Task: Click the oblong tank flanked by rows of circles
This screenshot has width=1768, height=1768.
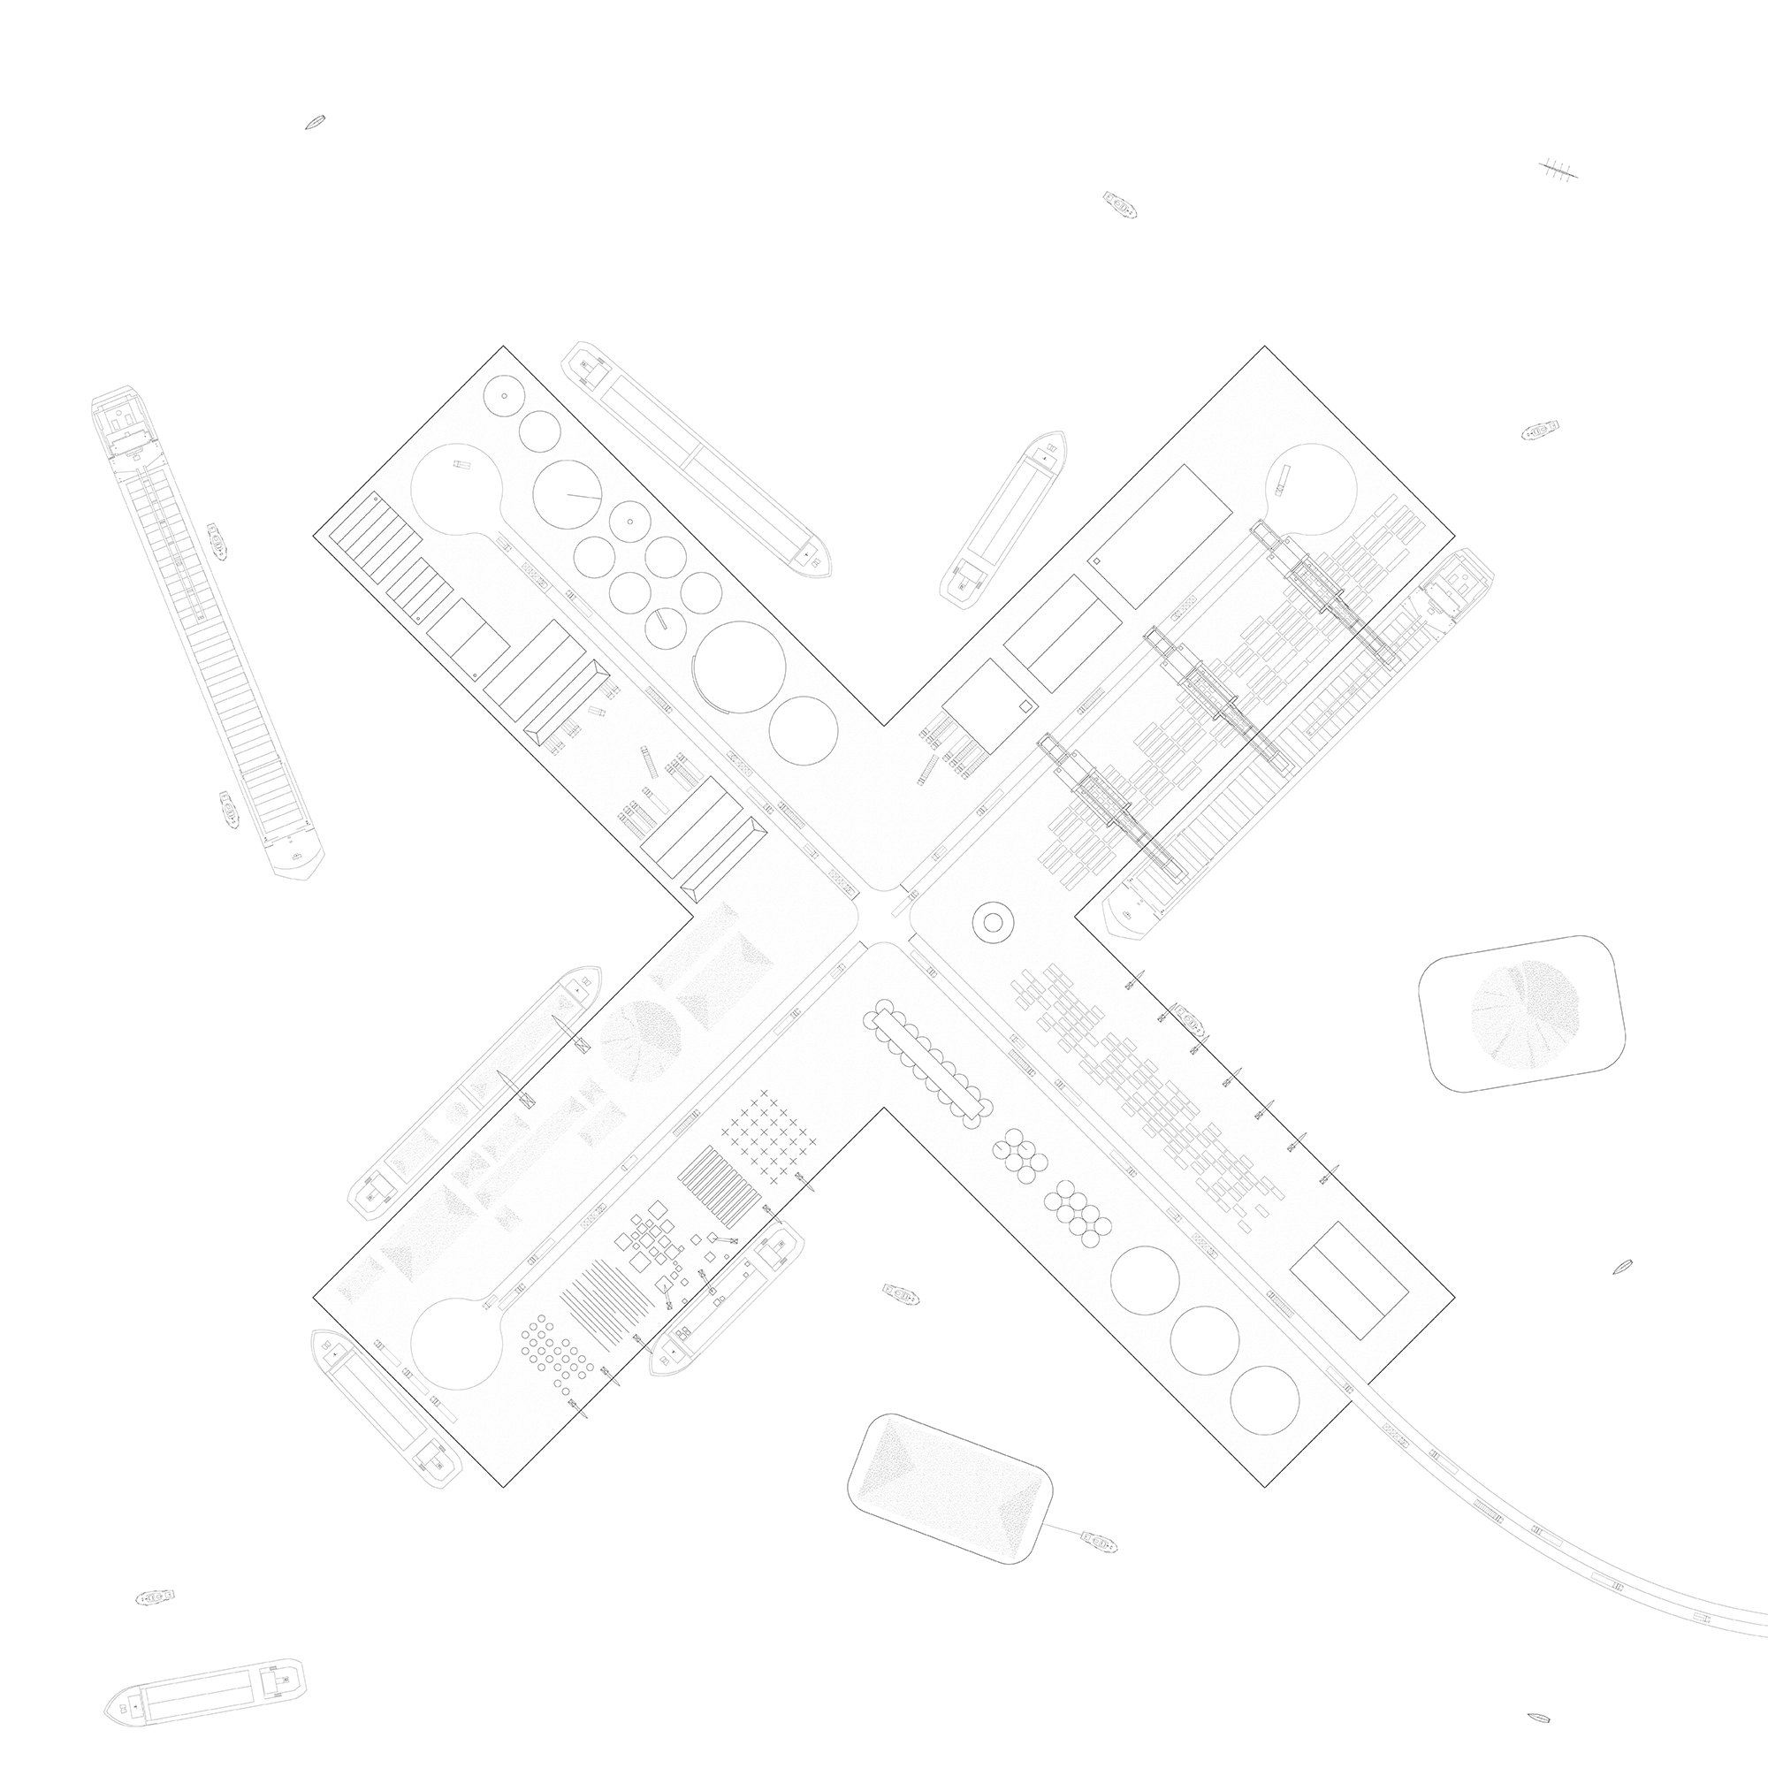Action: pos(927,1059)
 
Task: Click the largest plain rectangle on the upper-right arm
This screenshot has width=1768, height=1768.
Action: pos(1161,536)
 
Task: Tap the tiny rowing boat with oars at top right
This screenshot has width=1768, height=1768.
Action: pos(1558,170)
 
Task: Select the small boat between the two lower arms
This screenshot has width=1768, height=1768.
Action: pos(901,1294)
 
